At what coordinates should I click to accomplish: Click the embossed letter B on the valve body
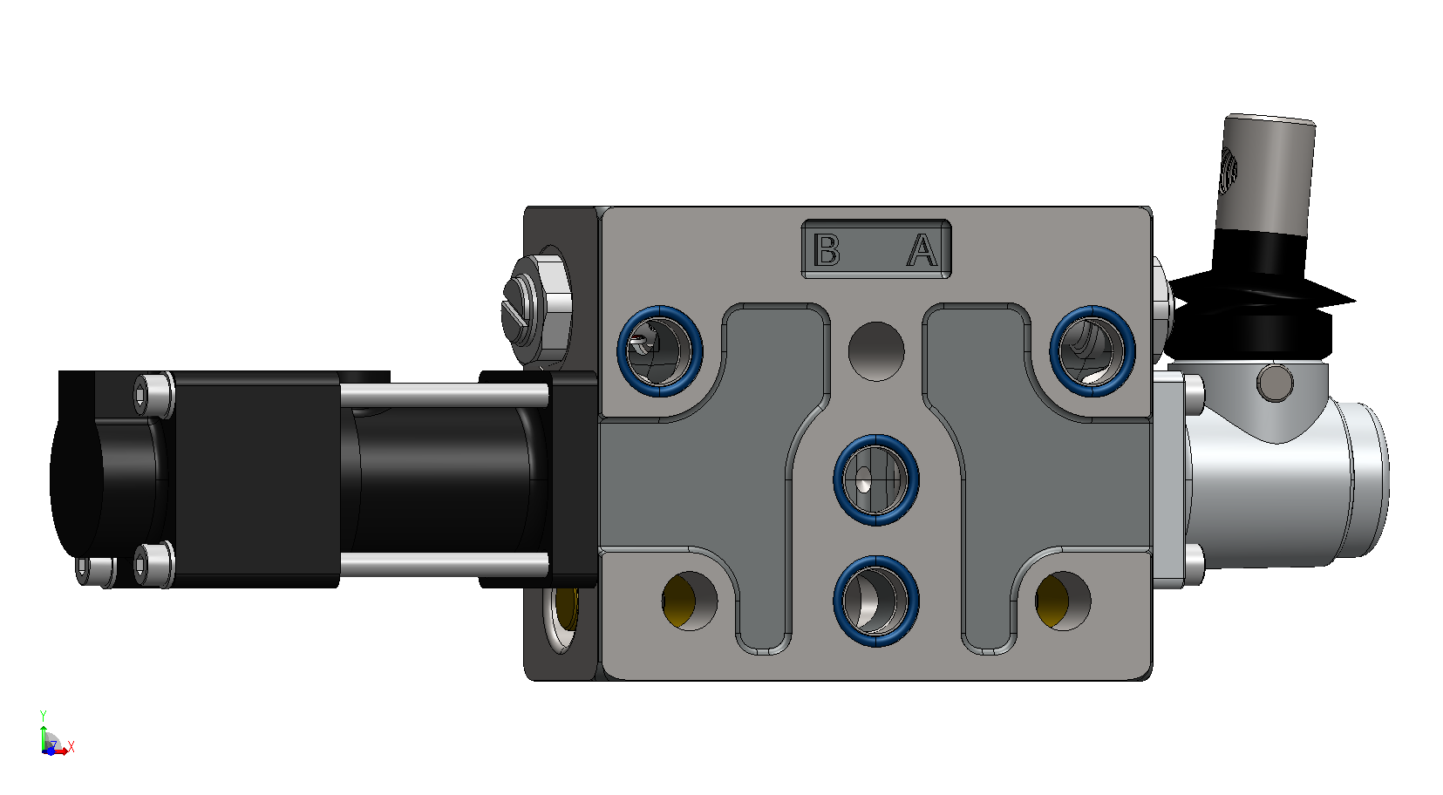click(827, 250)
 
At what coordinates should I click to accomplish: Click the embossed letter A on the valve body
click(922, 250)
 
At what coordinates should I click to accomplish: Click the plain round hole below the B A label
click(876, 351)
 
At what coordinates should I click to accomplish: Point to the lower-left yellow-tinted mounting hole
click(690, 601)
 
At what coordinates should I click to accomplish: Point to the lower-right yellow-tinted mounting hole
click(1063, 601)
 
